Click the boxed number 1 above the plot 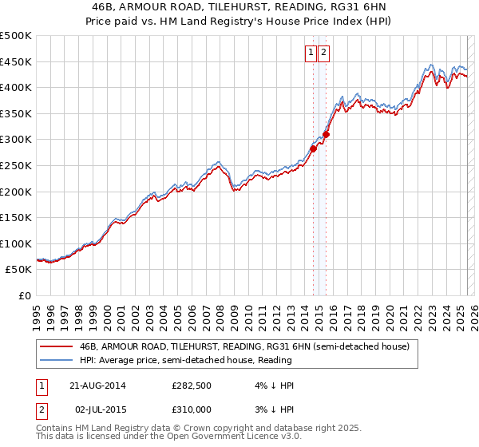pos(311,53)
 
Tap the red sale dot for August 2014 pos(314,148)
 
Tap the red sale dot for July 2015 pos(326,134)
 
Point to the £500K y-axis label pos(16,36)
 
